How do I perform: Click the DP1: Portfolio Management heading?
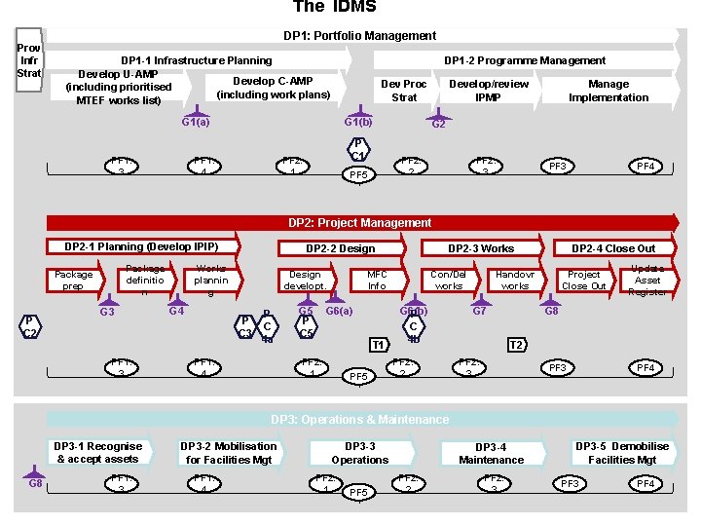[x=359, y=36]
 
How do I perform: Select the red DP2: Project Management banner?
[x=359, y=223]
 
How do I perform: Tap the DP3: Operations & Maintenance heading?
[x=359, y=420]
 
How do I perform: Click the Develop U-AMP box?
[x=119, y=87]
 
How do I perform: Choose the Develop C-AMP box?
[x=273, y=88]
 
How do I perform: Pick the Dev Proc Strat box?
[x=403, y=91]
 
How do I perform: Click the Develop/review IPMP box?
[x=488, y=91]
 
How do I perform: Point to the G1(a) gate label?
[x=195, y=123]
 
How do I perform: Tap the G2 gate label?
[x=438, y=125]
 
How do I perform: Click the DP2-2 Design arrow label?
[x=340, y=248]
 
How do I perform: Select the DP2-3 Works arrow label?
[x=480, y=248]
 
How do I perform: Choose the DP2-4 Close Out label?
[x=613, y=248]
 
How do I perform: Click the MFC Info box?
[x=377, y=281]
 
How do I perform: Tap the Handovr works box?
[x=514, y=281]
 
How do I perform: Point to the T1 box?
[x=378, y=345]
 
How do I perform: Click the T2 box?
[x=518, y=345]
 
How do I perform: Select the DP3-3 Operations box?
[x=359, y=453]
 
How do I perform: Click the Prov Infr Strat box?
[x=28, y=60]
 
